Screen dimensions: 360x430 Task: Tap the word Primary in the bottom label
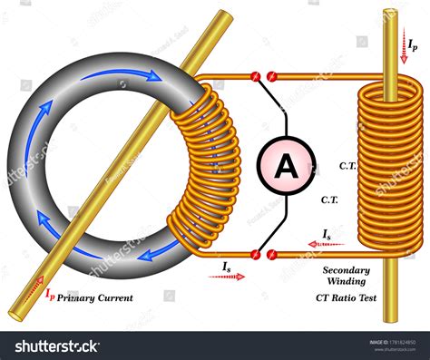pos(77,297)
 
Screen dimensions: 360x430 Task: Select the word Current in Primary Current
pos(115,297)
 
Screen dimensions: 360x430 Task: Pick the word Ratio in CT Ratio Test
pos(349,296)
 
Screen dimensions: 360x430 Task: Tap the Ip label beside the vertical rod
pos(413,43)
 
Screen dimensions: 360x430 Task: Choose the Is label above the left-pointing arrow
pos(327,234)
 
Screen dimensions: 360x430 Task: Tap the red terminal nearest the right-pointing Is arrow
pos(259,255)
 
